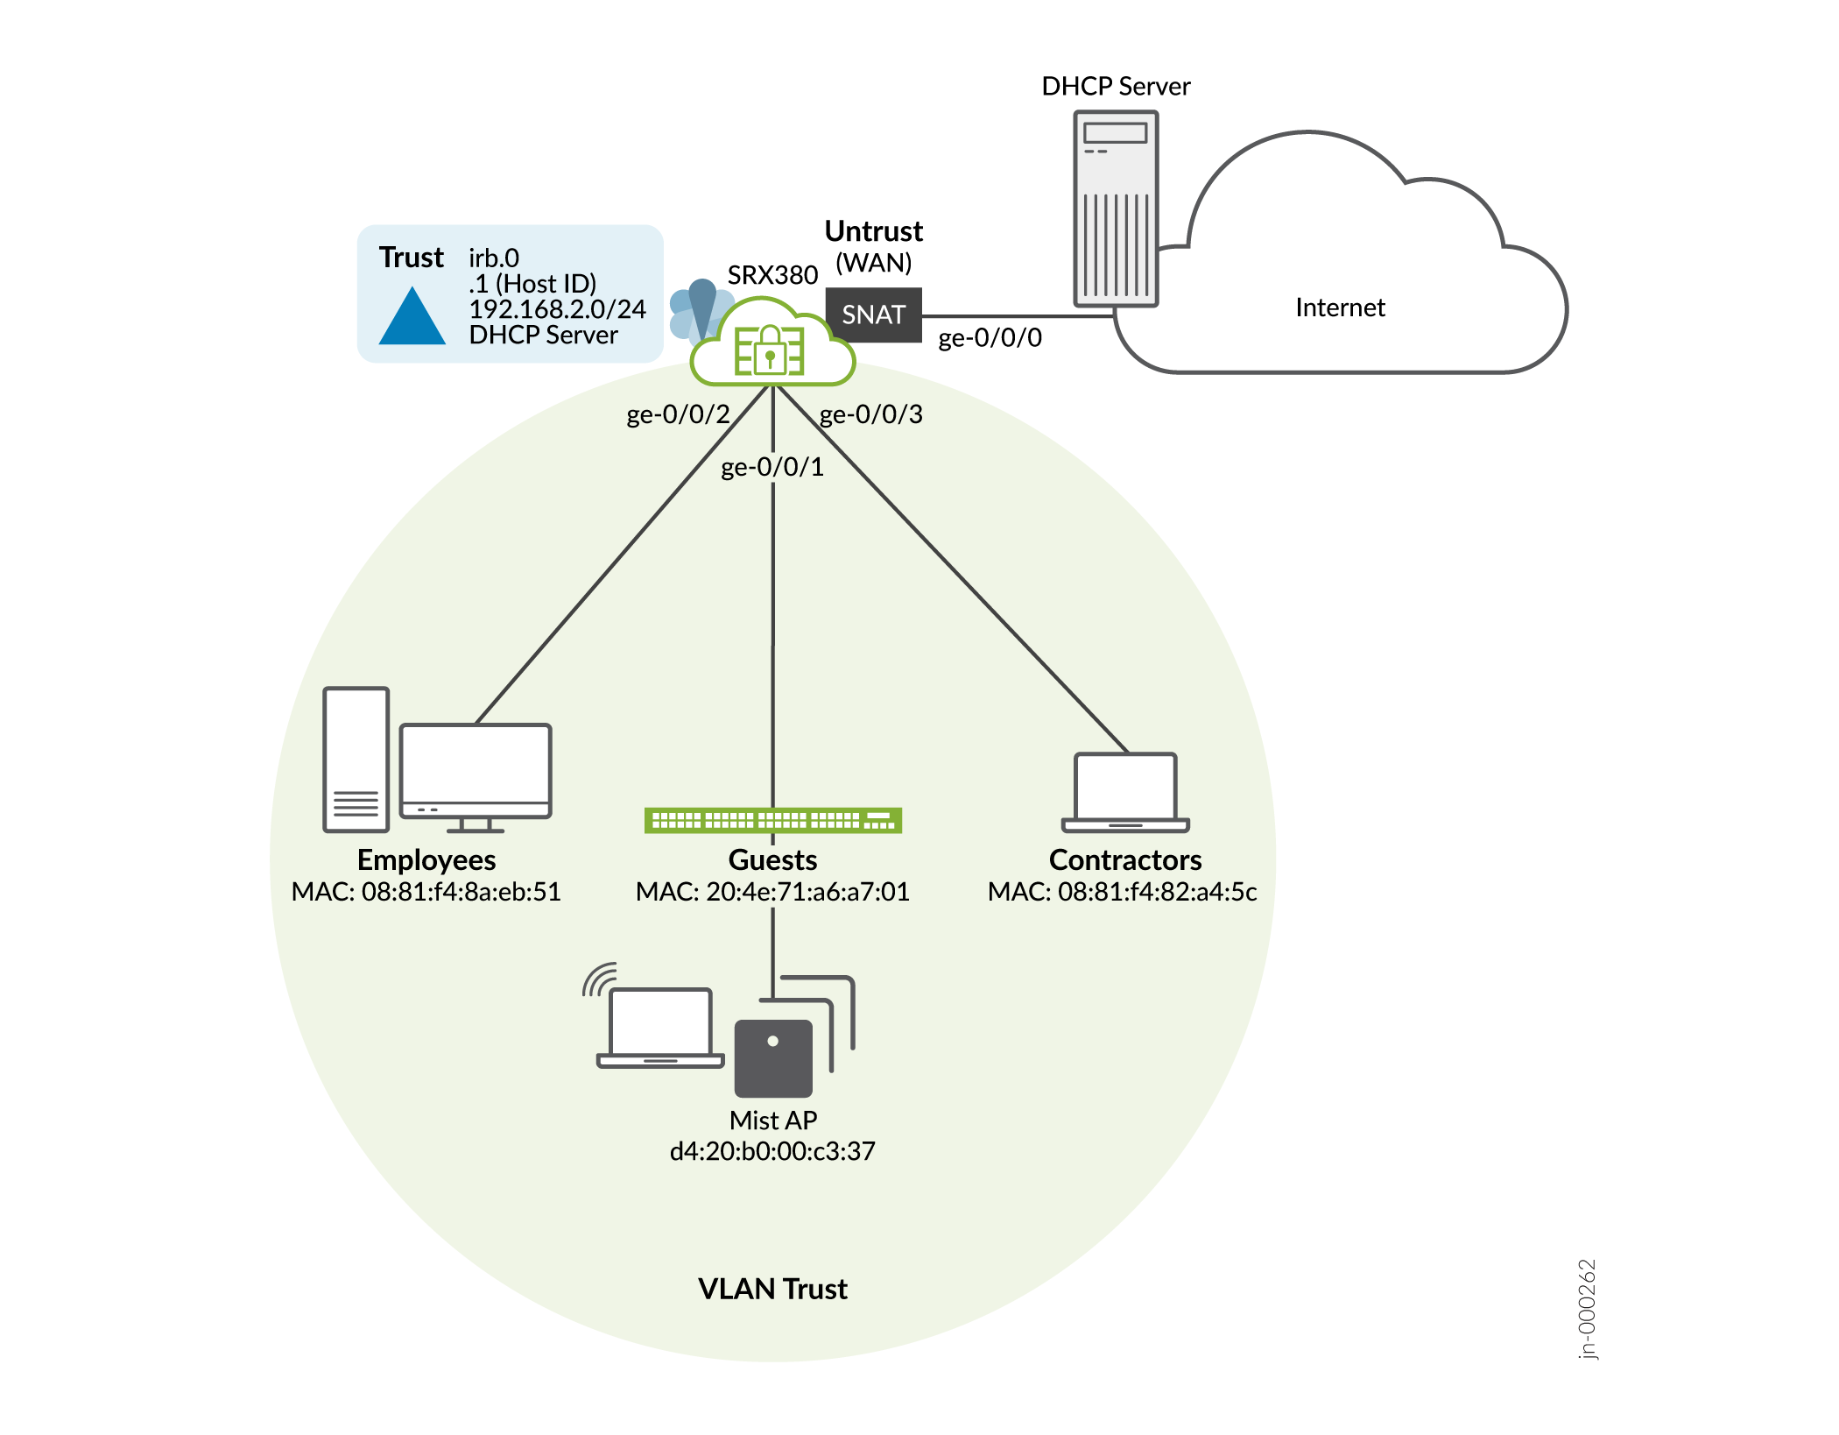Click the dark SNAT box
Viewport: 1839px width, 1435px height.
point(873,315)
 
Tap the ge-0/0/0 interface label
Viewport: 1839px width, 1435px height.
point(990,338)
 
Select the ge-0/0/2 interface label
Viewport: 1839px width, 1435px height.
point(678,414)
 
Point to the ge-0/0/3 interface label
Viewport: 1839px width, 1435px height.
point(870,414)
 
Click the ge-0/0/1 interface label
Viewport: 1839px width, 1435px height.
point(772,467)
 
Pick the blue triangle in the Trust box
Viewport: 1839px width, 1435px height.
point(412,317)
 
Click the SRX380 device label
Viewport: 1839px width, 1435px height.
point(772,275)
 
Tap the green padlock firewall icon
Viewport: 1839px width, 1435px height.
point(770,350)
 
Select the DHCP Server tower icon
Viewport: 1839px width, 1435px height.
point(1116,209)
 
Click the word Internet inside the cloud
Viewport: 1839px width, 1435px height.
point(1340,307)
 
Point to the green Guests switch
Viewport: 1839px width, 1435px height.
point(772,820)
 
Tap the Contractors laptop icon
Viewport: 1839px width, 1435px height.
point(1125,792)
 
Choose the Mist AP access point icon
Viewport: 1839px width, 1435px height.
point(773,1057)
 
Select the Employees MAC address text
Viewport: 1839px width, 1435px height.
point(426,892)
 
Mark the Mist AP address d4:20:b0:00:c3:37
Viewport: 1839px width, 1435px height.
point(772,1151)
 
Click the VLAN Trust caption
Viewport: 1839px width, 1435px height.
point(772,1289)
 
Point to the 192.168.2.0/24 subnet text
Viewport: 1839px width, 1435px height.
point(557,309)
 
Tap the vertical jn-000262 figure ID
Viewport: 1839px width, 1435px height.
point(1587,1309)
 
